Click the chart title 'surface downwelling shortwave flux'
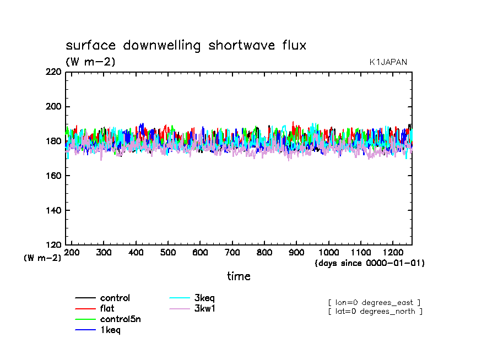point(186,46)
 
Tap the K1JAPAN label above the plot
point(388,62)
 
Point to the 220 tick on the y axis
point(53,72)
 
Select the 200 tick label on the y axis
point(53,107)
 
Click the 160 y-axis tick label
point(53,176)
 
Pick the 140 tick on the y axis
point(53,210)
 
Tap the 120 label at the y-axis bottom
point(53,245)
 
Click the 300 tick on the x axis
point(104,252)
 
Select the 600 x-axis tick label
point(200,252)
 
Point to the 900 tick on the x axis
point(296,252)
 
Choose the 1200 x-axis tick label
point(392,252)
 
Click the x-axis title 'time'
point(239,276)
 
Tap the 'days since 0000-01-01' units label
point(370,263)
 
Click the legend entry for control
point(115,298)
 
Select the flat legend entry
point(107,309)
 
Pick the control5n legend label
point(120,319)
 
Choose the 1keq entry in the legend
point(110,330)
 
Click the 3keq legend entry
point(204,298)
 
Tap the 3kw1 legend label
point(204,309)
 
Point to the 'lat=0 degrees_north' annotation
point(375,312)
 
